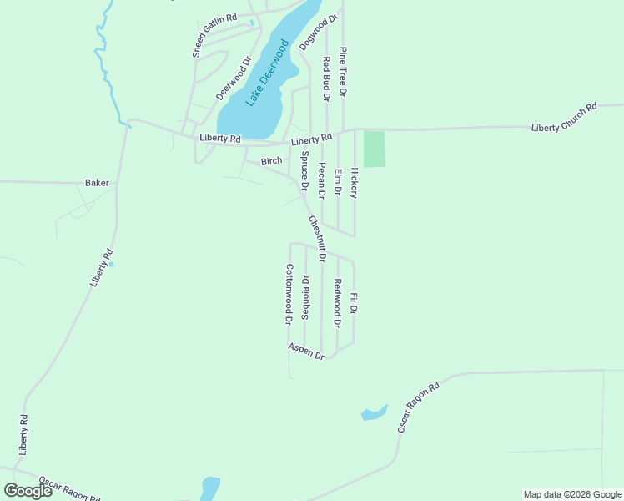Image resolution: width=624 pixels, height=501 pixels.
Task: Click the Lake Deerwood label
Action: click(x=266, y=74)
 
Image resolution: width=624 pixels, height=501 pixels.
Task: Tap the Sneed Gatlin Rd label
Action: click(x=214, y=34)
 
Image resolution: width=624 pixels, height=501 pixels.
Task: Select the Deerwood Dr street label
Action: click(x=234, y=78)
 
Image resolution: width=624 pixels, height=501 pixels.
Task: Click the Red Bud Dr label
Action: click(x=327, y=79)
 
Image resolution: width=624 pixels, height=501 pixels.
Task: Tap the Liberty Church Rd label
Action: click(x=565, y=118)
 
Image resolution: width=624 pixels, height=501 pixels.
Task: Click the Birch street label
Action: click(x=272, y=161)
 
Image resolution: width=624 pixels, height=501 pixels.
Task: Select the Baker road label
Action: click(x=98, y=182)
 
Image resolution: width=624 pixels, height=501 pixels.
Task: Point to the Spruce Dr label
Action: click(x=304, y=170)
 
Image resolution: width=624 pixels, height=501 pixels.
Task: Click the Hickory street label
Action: click(x=354, y=182)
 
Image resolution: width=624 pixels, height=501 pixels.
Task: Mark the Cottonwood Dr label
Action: click(x=289, y=294)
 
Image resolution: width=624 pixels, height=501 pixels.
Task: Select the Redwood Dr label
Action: click(x=337, y=303)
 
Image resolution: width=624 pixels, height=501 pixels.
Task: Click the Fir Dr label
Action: click(x=354, y=303)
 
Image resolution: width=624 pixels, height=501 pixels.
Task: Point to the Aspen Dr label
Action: click(x=306, y=351)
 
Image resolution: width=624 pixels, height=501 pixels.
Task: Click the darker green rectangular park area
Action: click(x=375, y=149)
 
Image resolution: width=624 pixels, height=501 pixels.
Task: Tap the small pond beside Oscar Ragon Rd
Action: click(x=374, y=412)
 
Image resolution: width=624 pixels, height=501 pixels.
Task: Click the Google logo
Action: click(x=28, y=491)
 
